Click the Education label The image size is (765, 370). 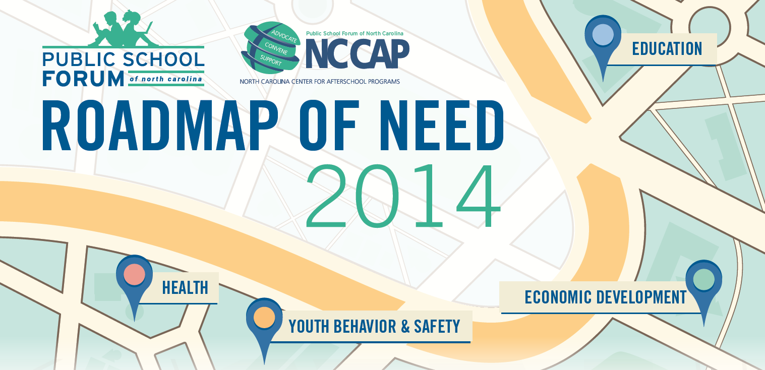click(x=667, y=48)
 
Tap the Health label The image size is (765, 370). click(x=185, y=287)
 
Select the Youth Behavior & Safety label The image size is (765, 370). click(x=374, y=326)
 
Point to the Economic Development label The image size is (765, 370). click(x=606, y=297)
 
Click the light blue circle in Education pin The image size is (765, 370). click(x=603, y=34)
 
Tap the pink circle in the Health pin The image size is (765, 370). click(x=134, y=274)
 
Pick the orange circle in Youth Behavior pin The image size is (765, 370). click(x=264, y=318)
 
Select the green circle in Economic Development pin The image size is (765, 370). click(x=704, y=280)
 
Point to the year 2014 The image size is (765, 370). click(x=403, y=196)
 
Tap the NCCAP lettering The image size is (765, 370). click(x=357, y=53)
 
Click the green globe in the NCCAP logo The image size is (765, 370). click(x=270, y=48)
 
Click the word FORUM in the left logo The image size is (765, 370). click(x=83, y=79)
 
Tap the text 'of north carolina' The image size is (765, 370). click(x=166, y=79)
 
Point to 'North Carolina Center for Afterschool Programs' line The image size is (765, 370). click(x=320, y=82)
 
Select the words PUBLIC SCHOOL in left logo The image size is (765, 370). click(x=123, y=59)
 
